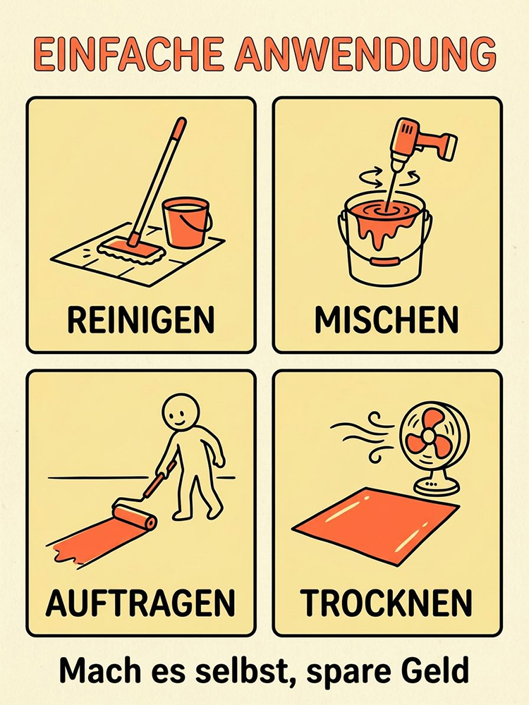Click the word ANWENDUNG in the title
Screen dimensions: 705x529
(x=365, y=54)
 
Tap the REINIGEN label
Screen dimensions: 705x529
(x=141, y=321)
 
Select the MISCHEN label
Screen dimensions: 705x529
(x=387, y=321)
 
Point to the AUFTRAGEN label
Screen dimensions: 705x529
(x=140, y=603)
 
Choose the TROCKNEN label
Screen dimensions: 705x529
(x=387, y=603)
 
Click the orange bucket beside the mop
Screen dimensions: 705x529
(x=186, y=222)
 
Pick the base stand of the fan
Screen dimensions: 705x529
(x=433, y=486)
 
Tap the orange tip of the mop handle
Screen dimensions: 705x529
(x=179, y=127)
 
